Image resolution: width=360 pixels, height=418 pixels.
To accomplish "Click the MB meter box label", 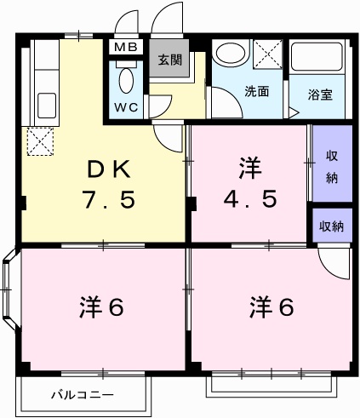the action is point(126,47).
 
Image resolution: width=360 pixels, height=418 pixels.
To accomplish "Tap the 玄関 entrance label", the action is point(169,60).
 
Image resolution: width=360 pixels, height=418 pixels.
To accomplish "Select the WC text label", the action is point(126,107).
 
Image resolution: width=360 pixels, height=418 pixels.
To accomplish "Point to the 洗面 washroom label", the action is point(256,91).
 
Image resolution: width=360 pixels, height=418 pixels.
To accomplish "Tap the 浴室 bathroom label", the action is point(320,94).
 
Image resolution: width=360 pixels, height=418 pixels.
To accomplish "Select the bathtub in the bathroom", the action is point(317,56).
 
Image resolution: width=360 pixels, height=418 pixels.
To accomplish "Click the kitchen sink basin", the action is point(47,106).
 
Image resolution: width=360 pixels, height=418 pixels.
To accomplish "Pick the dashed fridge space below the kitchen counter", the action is point(40,141).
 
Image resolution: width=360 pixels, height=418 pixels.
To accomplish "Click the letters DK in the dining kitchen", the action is point(109,169).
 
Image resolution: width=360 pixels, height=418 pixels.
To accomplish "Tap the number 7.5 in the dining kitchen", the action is point(109,199).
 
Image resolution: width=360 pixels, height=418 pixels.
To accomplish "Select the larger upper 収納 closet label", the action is point(332,167).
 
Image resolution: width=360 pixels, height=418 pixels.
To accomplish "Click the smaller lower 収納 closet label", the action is point(331,226).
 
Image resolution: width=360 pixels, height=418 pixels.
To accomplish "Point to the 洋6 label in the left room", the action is point(101,306).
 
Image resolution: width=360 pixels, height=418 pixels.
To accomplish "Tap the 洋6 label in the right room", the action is point(271,306).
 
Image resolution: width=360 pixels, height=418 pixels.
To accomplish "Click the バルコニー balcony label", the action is point(83,395).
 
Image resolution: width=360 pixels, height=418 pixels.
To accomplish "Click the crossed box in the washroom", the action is point(267,54).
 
